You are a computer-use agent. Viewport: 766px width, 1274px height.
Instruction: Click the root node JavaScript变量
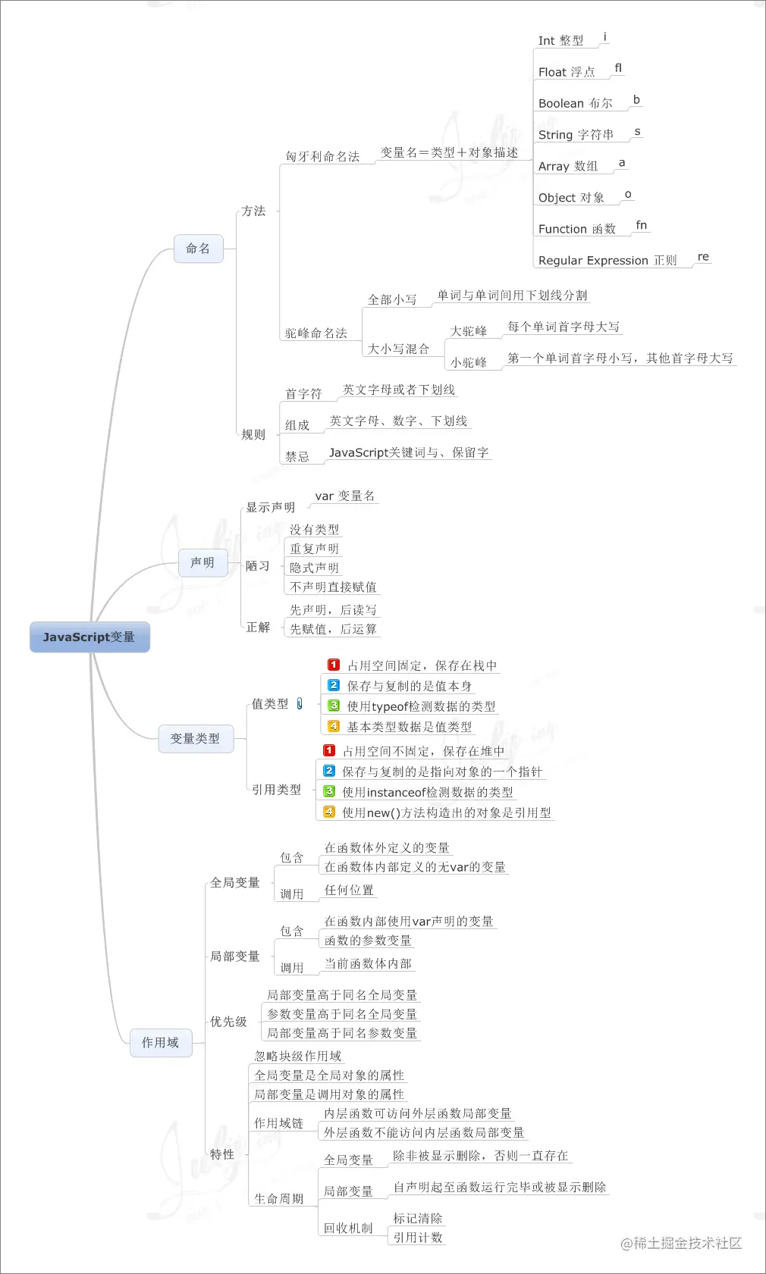tap(89, 637)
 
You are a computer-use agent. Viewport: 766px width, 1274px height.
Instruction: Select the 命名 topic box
tap(198, 249)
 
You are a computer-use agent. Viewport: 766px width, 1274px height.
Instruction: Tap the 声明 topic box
tap(202, 562)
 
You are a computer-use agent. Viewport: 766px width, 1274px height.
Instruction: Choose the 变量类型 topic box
tap(195, 738)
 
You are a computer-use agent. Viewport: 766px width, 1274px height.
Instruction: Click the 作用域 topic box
tap(160, 1043)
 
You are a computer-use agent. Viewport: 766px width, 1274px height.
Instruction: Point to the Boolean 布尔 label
tap(575, 104)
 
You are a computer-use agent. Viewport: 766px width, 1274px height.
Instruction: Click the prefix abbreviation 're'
tap(703, 257)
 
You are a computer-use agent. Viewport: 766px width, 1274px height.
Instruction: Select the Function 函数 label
tap(576, 229)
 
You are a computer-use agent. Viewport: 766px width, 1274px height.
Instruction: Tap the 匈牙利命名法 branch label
tap(322, 157)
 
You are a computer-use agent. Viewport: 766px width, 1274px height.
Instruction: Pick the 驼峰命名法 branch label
tap(316, 333)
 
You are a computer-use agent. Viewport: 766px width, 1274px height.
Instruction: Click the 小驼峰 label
tap(469, 362)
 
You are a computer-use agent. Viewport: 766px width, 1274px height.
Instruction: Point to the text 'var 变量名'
tap(345, 496)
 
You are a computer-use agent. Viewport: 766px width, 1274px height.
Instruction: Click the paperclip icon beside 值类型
tap(300, 704)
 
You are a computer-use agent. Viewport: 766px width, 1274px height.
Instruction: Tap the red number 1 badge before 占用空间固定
tap(334, 665)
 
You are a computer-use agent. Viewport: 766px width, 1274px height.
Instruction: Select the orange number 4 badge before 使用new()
tap(329, 812)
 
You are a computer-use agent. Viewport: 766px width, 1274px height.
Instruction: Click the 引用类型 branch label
tap(276, 790)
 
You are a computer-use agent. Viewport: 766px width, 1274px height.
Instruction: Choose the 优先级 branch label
tap(228, 1022)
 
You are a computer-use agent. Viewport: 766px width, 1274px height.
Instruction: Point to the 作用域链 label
tap(278, 1123)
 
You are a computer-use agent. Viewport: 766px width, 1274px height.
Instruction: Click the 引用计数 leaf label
tap(418, 1238)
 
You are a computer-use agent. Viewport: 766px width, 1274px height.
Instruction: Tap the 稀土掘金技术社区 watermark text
tap(681, 1243)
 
